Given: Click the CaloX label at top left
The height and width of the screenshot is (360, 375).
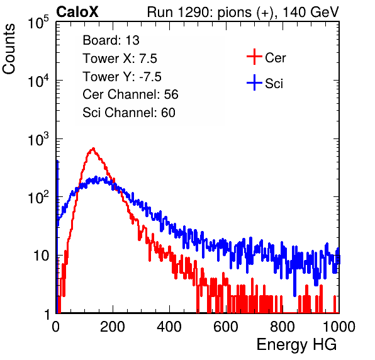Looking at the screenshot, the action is pos(77,12).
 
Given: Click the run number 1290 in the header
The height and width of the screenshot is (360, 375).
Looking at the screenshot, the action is pos(194,12).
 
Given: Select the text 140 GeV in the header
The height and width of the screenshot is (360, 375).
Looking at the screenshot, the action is pos(311,12).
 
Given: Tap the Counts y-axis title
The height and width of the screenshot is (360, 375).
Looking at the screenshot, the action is pos(9,49).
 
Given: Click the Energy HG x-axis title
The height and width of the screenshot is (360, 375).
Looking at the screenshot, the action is pos(296,344).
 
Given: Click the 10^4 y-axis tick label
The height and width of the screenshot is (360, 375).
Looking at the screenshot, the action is pos(38,81).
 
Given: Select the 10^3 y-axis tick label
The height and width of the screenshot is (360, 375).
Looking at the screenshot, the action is pos(38,139).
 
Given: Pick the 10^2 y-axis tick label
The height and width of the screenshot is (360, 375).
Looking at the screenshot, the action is pos(38,197).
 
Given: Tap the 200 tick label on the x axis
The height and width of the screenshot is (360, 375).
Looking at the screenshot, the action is pos(113,327).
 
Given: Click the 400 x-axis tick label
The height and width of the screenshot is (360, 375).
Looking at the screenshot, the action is pos(169,327).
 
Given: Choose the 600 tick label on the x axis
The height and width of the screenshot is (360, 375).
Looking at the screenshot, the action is pos(226,327).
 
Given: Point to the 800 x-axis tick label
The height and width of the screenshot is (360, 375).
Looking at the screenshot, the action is pos(283,327).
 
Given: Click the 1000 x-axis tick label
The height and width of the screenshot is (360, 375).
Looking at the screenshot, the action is pos(339,327).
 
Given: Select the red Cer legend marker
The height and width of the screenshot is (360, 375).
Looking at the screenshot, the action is pos(254,57).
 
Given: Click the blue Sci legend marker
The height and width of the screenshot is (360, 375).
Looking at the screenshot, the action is pos(254,83).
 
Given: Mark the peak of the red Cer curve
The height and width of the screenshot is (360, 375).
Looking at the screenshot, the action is pos(93,149).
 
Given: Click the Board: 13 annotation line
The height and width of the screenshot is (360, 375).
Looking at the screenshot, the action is pos(111,40).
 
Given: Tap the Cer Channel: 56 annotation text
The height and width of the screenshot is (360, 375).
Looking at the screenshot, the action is pos(130,94).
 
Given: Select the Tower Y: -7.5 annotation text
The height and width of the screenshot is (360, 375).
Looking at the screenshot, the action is pos(122,77).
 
